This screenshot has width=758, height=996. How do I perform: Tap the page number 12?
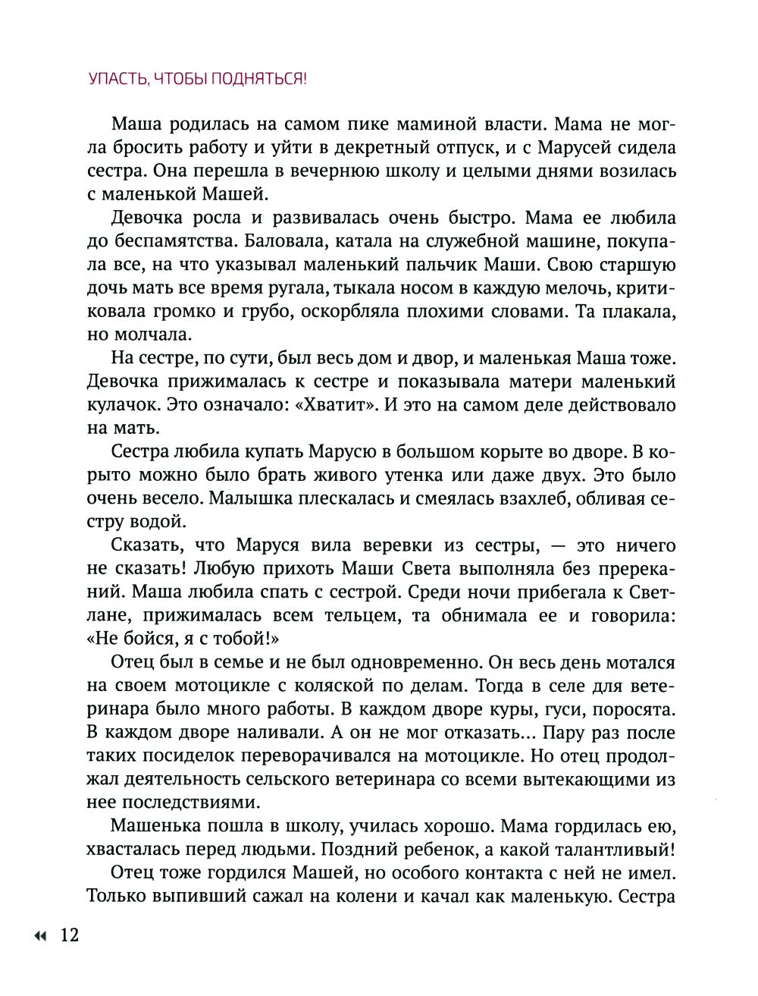pyautogui.click(x=69, y=935)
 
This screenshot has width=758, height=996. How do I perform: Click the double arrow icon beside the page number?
pyautogui.click(x=39, y=936)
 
